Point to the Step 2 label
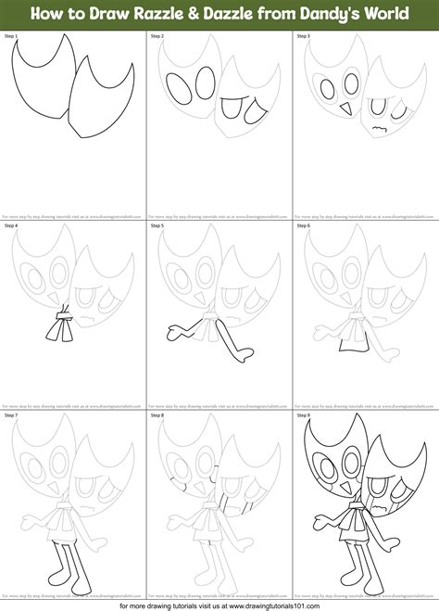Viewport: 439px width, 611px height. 157,36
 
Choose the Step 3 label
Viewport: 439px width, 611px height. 302,36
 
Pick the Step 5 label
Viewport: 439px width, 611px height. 157,225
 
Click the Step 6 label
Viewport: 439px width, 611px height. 302,225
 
